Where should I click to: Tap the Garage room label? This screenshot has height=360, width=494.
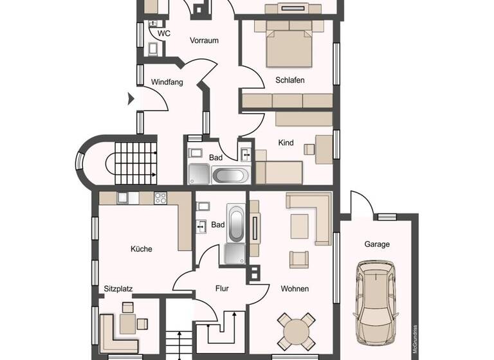[377, 244]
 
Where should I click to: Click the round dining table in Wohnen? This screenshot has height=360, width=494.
[297, 330]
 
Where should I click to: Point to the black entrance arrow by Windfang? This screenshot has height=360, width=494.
[131, 99]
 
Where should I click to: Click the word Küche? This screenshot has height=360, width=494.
[141, 249]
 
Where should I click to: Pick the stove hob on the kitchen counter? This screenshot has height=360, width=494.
[160, 198]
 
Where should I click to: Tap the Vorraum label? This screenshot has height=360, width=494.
[204, 40]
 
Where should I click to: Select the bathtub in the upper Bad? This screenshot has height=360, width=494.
[230, 175]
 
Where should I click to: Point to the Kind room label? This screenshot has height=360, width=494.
[286, 143]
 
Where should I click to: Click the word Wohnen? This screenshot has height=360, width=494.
[295, 289]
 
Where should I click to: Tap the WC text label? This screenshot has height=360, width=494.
[164, 33]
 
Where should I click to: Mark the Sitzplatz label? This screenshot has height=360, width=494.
[118, 289]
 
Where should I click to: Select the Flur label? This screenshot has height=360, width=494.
[222, 289]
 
